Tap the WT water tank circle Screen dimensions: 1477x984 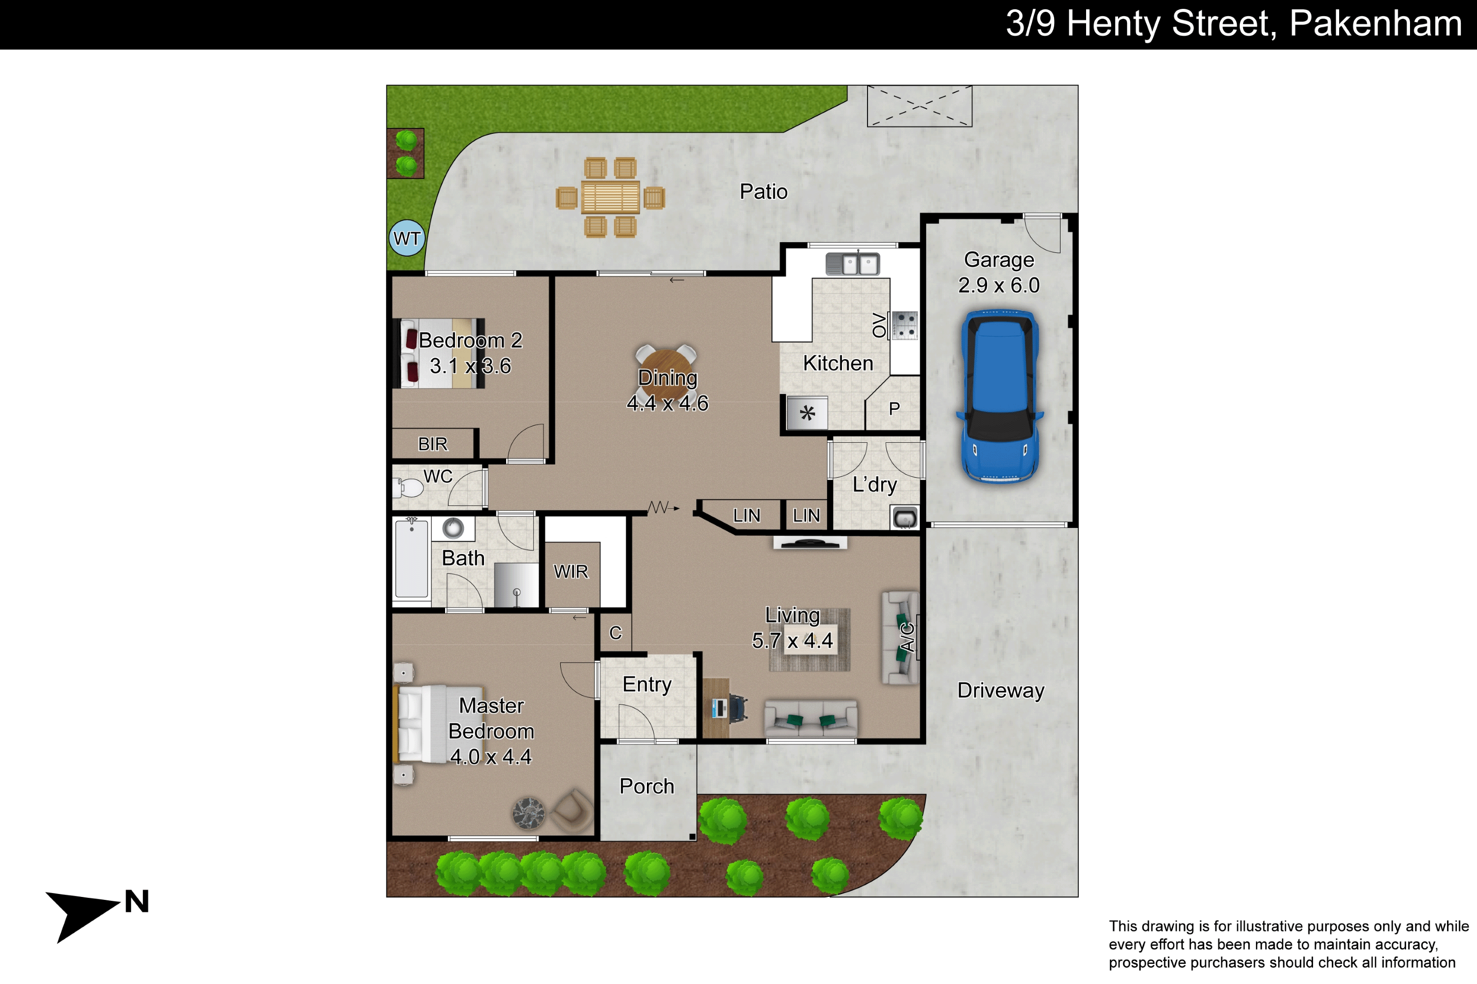(407, 238)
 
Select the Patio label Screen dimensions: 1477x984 (763, 191)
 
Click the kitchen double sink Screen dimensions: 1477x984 (853, 264)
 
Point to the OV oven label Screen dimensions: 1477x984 (879, 325)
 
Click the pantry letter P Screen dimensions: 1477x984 (894, 408)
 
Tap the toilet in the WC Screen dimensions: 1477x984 (408, 488)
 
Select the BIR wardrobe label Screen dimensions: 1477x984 (433, 444)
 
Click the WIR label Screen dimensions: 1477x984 (570, 571)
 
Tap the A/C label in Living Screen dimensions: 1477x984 (906, 637)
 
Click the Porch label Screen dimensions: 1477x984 (647, 786)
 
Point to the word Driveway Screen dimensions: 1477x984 (1000, 690)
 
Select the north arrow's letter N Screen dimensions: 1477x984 (136, 901)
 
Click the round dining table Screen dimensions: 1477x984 (666, 376)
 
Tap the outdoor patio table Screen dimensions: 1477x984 (610, 197)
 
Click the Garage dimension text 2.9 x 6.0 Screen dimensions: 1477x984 (998, 285)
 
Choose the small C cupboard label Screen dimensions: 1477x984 (615, 633)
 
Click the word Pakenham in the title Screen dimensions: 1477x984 (1375, 23)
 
